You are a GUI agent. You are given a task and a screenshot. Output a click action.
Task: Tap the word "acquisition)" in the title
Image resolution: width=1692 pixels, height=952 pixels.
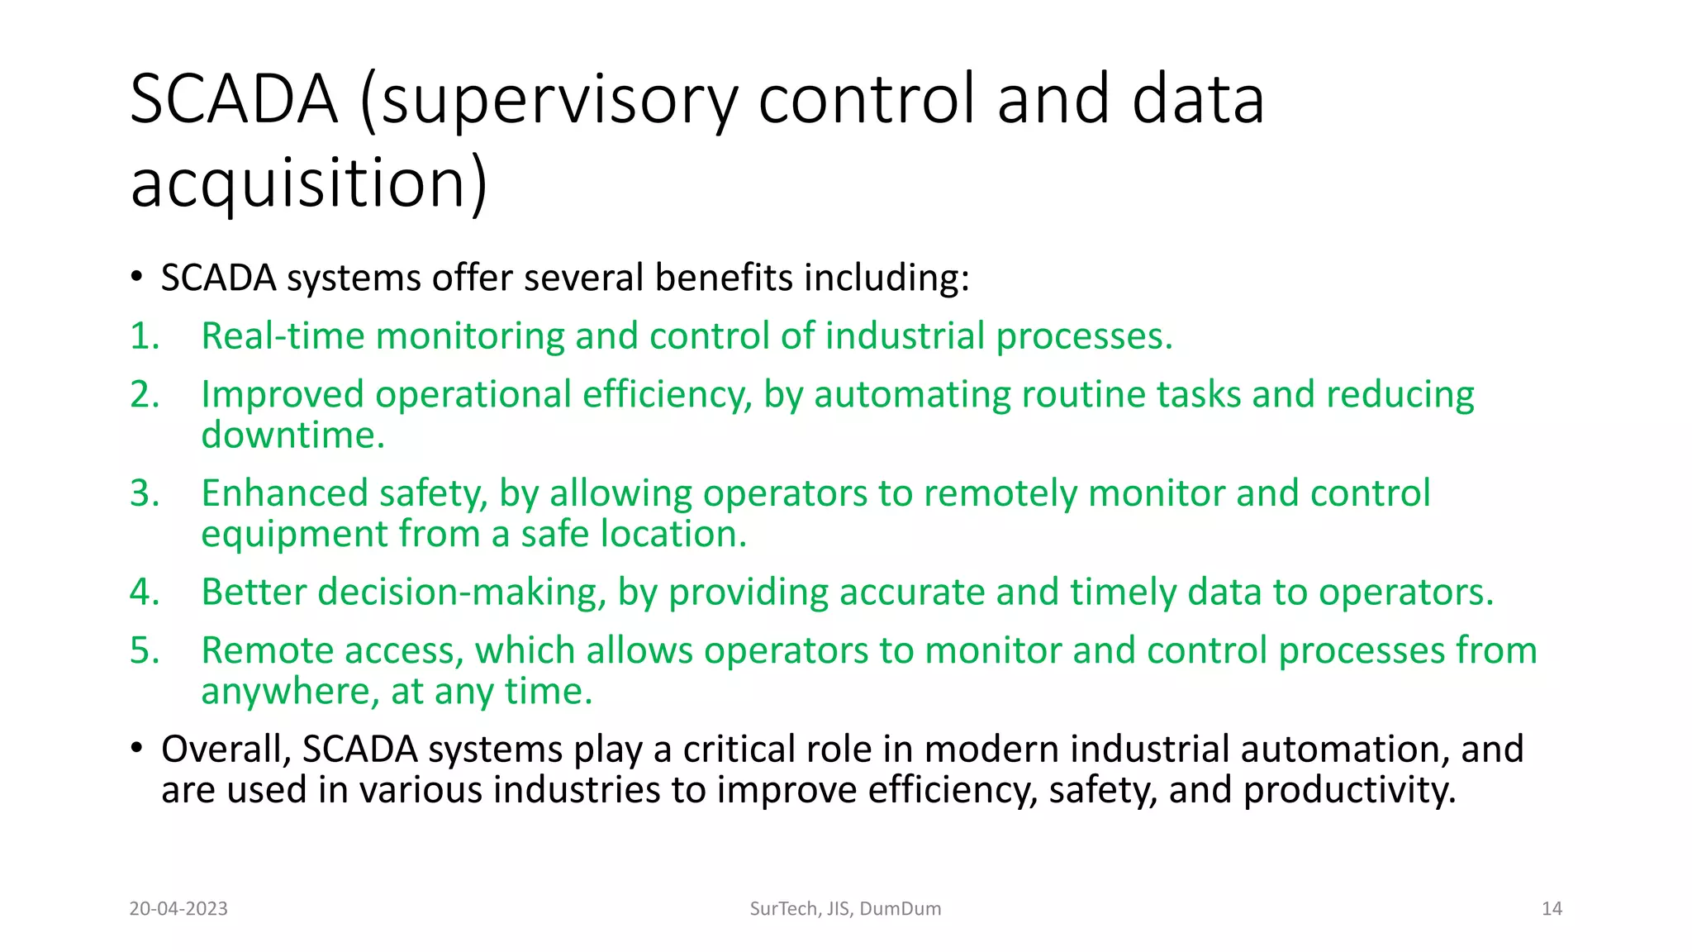309,183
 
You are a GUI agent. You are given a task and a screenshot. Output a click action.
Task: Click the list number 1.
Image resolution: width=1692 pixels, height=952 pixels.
144,336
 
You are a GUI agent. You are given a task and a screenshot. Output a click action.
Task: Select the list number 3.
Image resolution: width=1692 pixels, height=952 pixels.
144,493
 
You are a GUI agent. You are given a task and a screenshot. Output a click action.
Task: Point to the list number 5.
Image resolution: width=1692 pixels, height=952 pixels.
144,650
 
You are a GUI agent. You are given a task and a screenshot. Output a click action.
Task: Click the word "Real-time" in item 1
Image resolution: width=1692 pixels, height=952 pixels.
283,336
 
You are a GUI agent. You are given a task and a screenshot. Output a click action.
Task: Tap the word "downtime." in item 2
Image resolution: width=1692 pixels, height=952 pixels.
293,436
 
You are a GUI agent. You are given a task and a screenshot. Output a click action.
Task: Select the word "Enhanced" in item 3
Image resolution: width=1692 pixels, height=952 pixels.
284,493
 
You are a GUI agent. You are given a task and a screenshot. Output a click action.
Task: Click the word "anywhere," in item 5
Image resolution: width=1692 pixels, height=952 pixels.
290,692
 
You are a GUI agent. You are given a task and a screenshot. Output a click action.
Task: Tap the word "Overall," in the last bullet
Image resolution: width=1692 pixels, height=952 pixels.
226,750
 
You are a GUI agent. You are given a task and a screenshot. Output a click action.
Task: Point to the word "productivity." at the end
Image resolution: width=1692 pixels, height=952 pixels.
1349,791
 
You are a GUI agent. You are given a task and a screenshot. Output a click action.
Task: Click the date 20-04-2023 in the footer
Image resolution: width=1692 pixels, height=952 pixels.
178,909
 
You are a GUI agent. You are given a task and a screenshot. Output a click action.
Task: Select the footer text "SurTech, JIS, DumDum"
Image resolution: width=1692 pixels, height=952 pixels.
845,909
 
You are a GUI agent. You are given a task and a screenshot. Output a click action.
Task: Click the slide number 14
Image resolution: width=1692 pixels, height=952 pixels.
1552,909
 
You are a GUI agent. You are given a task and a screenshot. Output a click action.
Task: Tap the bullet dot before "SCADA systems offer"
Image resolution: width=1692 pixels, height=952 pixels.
136,277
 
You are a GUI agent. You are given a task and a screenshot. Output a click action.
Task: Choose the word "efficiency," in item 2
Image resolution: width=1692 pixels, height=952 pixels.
668,395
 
